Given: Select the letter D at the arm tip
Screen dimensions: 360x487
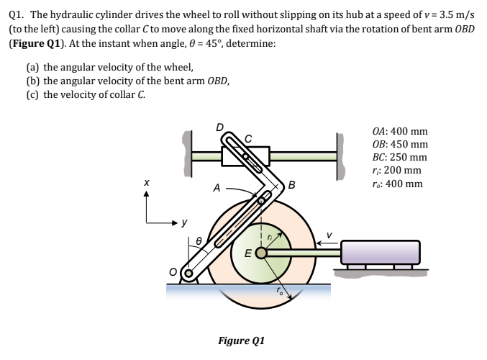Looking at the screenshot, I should pyautogui.click(x=221, y=129).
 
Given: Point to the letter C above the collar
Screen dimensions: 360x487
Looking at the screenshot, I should pyautogui.click(x=249, y=138).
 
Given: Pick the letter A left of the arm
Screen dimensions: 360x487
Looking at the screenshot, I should pyautogui.click(x=216, y=189).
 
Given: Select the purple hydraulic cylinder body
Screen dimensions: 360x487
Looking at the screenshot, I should pyautogui.click(x=380, y=252).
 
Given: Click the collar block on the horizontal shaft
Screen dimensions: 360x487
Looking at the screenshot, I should pyautogui.click(x=245, y=156).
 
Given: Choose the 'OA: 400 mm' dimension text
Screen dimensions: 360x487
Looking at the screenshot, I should pyautogui.click(x=401, y=132).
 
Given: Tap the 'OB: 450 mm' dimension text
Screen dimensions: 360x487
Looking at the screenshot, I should pyautogui.click(x=401, y=145).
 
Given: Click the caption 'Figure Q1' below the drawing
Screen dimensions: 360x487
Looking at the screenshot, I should pyautogui.click(x=242, y=340).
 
